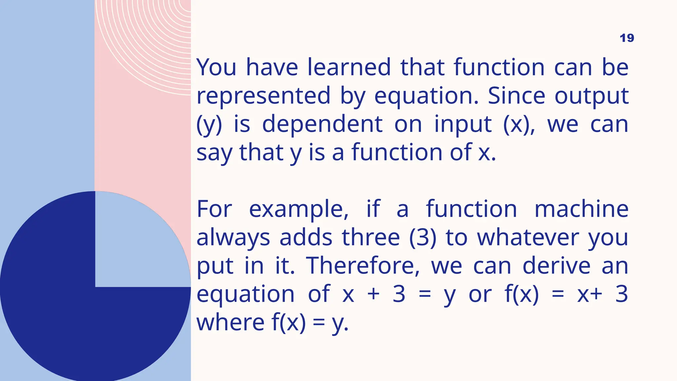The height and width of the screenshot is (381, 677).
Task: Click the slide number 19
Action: (626, 38)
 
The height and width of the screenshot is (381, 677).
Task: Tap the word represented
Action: (263, 96)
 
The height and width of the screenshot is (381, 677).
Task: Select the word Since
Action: (516, 96)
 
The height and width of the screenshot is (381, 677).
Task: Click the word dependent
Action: (322, 124)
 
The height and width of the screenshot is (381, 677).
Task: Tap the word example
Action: (299, 210)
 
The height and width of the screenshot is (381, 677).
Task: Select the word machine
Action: (581, 209)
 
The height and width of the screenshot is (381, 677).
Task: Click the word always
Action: (233, 238)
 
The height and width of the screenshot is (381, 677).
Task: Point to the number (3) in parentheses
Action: (422, 238)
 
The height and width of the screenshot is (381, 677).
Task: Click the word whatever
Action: (528, 238)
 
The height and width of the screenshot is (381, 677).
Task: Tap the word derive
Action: (556, 266)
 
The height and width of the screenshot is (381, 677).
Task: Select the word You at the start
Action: (217, 67)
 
